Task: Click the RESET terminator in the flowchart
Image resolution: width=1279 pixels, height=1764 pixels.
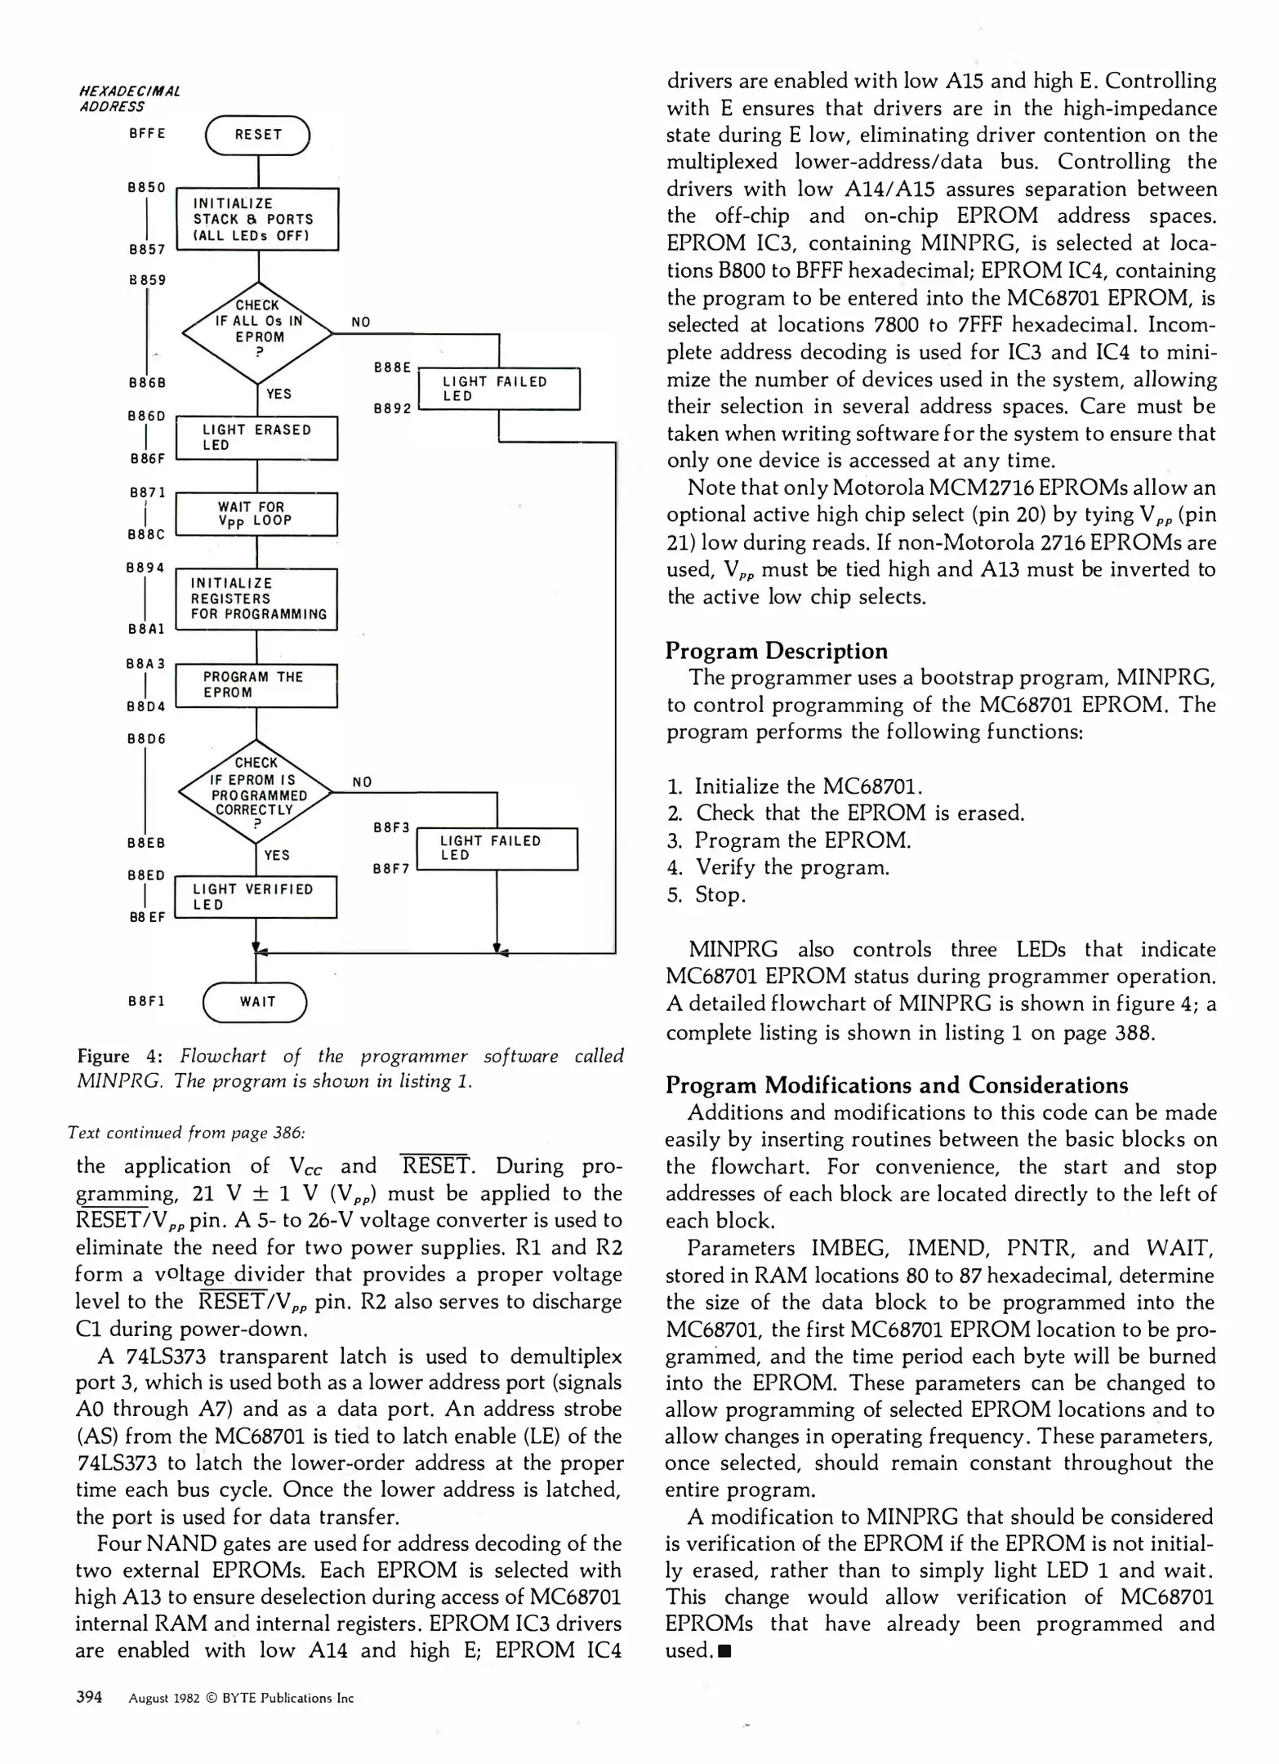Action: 257,135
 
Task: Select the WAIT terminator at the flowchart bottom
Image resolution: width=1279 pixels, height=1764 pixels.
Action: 255,1002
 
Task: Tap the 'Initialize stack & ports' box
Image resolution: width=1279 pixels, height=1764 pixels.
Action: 257,220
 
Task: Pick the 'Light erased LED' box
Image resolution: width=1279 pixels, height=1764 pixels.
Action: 257,438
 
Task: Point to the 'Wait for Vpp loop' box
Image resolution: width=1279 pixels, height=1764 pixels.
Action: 256,514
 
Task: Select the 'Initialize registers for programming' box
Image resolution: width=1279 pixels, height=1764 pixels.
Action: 256,599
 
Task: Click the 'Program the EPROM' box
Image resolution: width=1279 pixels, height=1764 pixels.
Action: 256,685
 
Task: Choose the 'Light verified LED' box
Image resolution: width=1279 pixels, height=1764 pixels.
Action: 256,897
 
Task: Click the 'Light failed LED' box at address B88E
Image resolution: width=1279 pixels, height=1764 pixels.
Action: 498,389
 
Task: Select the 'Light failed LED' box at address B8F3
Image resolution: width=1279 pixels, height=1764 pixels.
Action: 497,849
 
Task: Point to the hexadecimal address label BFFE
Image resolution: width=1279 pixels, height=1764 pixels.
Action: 147,134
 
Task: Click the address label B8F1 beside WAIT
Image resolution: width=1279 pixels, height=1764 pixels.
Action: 147,1001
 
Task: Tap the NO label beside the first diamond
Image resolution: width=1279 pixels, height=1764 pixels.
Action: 361,323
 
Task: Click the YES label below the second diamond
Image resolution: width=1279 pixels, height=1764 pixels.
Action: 278,855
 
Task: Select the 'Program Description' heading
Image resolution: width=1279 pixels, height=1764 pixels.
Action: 777,651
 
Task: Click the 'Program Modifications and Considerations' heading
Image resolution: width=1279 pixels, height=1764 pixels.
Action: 897,1085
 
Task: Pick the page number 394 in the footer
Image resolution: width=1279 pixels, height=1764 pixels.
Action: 89,1697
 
